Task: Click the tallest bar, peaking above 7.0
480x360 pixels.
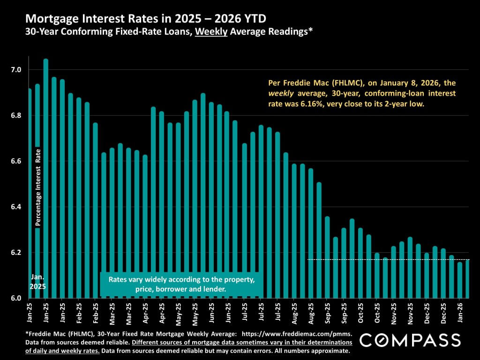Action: tap(45, 178)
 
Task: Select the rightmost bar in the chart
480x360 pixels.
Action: tap(467, 279)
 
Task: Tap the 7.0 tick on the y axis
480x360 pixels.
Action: tap(16, 69)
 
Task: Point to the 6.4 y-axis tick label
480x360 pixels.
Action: tap(16, 207)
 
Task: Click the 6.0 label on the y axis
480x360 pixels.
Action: tap(16, 298)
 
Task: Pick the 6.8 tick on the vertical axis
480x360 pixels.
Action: tap(16, 115)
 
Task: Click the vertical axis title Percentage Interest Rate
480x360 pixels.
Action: tap(38, 187)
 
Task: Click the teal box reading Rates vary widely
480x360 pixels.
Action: tap(181, 285)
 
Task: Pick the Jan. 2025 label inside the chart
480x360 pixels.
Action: tap(37, 281)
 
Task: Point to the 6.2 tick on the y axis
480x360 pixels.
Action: tap(16, 253)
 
